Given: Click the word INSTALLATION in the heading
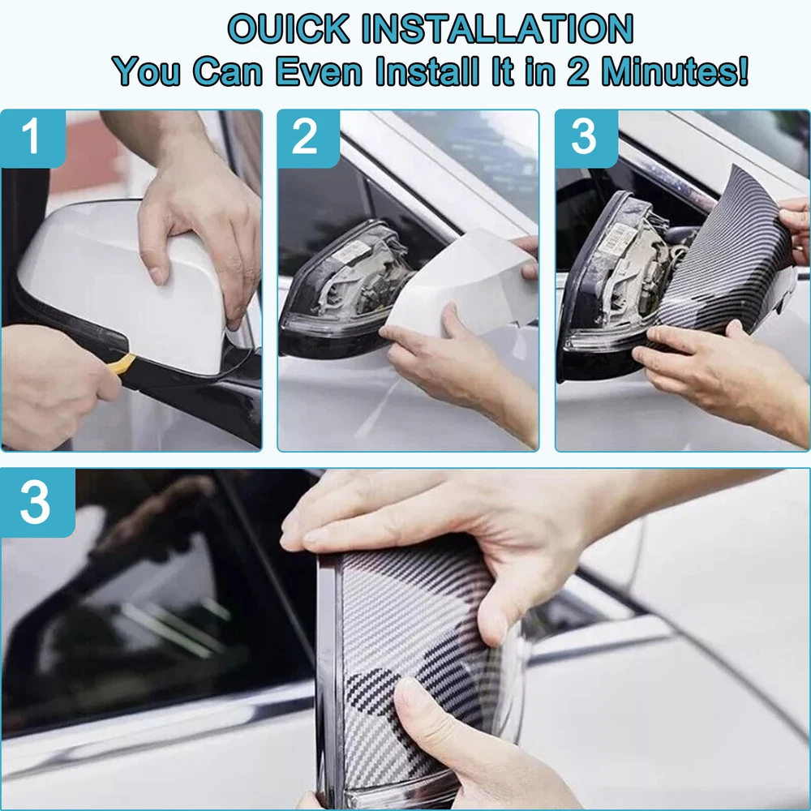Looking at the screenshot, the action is click(496, 28).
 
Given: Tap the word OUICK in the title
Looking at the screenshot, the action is click(289, 28).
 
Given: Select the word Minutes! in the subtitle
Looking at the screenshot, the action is click(676, 71).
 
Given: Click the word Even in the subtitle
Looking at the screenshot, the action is click(319, 71).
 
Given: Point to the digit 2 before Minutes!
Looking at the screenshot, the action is click(577, 71).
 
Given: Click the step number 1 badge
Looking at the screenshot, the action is click(33, 138).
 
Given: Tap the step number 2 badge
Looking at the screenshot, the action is click(308, 138).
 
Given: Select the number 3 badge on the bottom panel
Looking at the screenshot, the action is click(37, 502).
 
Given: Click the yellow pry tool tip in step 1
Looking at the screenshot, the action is click(124, 363).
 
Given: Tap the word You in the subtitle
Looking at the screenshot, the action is click(147, 71).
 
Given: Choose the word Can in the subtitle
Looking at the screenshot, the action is click(228, 71).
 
